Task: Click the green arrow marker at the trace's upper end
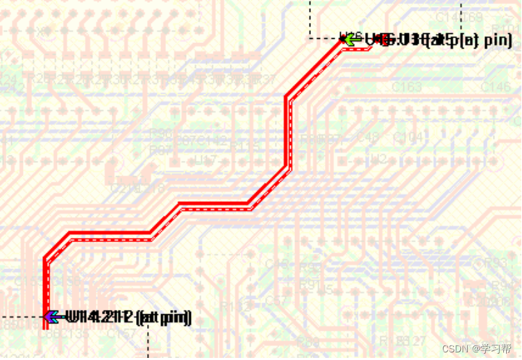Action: pyautogui.click(x=349, y=40)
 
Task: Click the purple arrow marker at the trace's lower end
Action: pyautogui.click(x=50, y=317)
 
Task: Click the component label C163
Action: pyautogui.click(x=407, y=87)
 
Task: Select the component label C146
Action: pyautogui.click(x=496, y=87)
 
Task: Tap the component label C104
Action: pyautogui.click(x=407, y=137)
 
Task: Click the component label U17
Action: pyautogui.click(x=205, y=161)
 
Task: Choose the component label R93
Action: pyautogui.click(x=495, y=263)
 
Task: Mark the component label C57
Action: pyautogui.click(x=276, y=301)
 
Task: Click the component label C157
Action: pyautogui.click(x=121, y=334)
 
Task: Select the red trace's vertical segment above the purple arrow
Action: pyautogui.click(x=47, y=284)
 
